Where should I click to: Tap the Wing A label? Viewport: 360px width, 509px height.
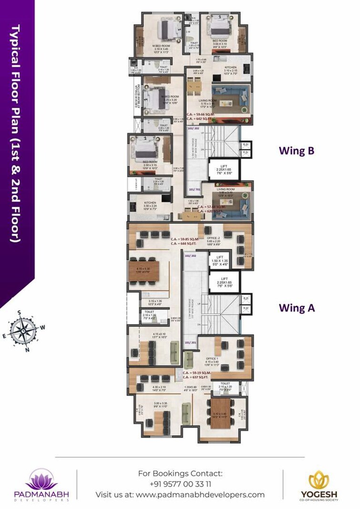point(297,308)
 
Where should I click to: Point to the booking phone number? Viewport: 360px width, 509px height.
point(180,484)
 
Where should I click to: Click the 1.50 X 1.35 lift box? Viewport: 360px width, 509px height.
point(219,259)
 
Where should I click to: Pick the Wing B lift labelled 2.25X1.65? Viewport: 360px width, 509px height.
point(223,169)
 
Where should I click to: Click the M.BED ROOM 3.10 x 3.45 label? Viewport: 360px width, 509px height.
point(161,48)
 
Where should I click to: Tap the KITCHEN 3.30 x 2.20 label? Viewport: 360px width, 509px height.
point(150,205)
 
